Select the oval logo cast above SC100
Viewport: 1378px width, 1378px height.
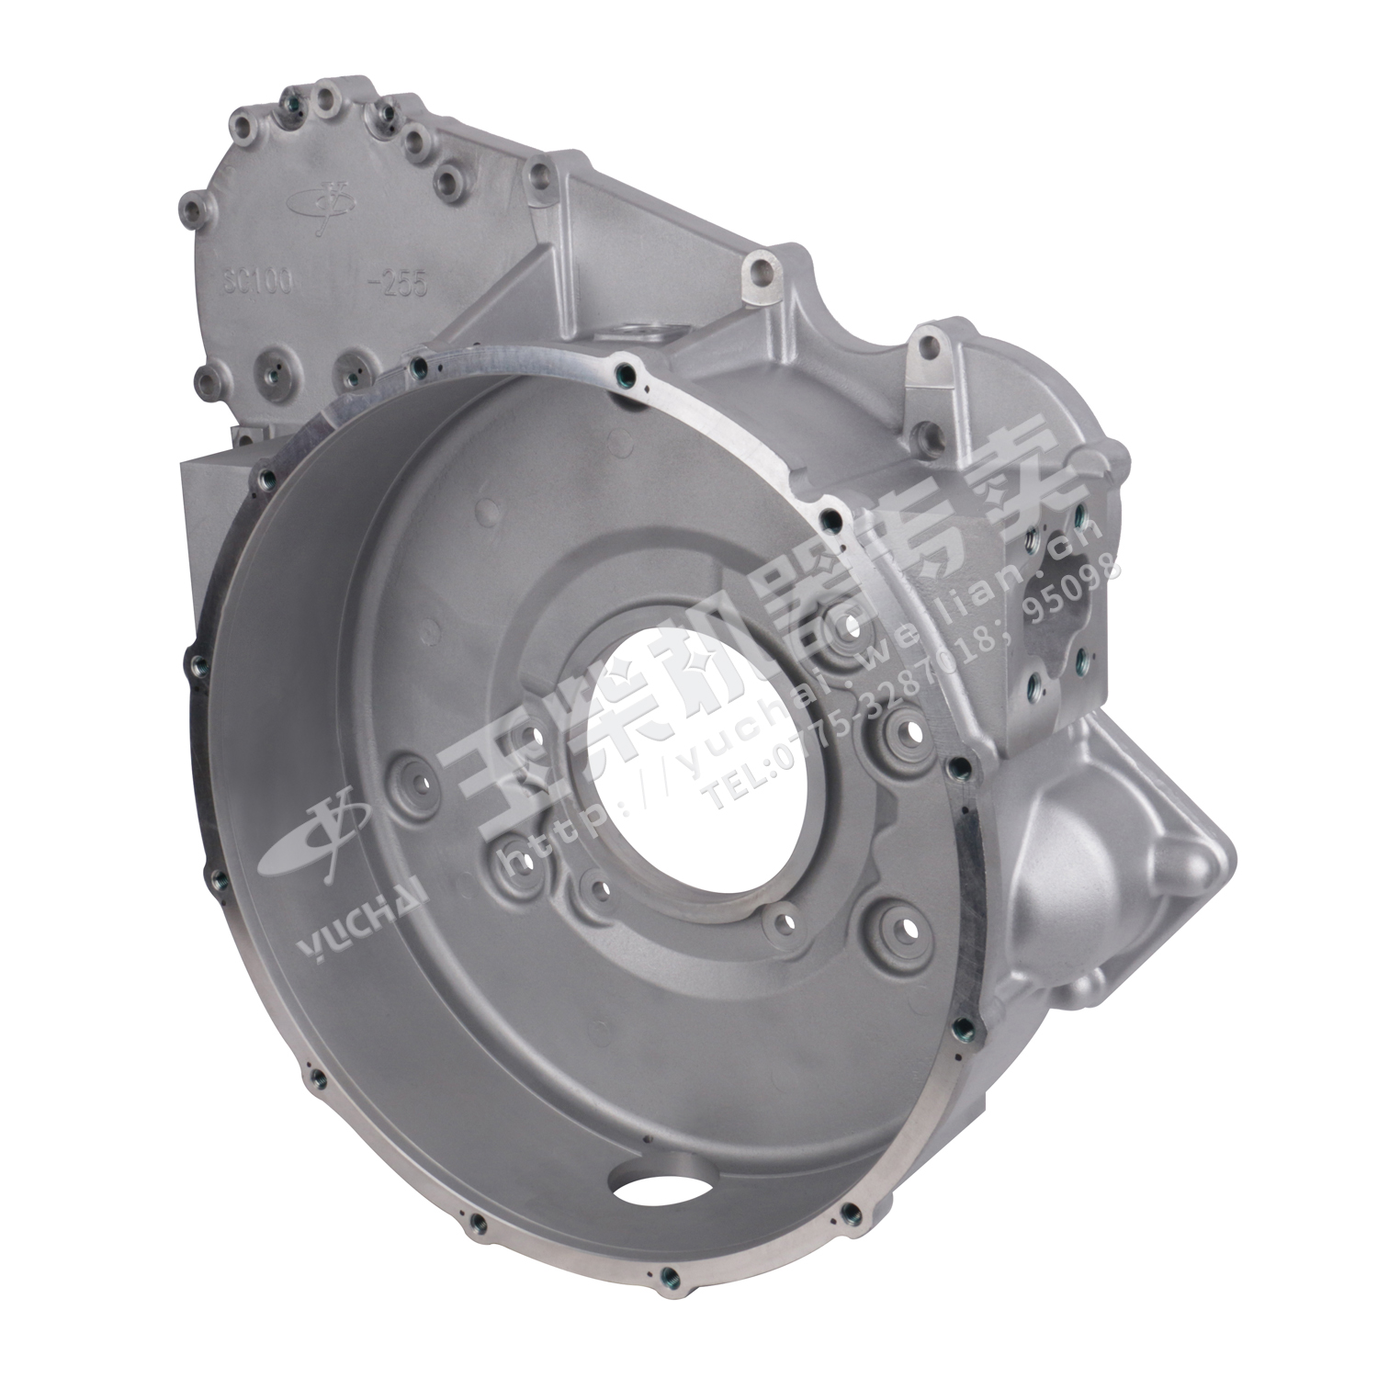[x=323, y=197]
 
